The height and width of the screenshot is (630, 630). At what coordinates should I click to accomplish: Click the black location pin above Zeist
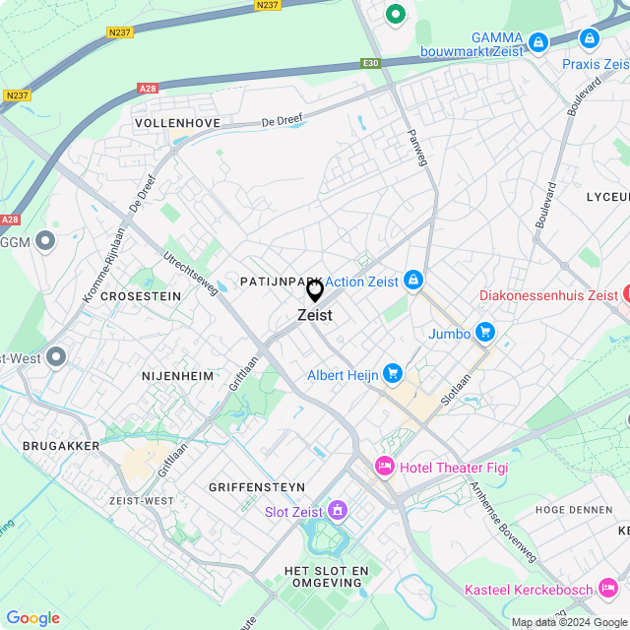tap(315, 290)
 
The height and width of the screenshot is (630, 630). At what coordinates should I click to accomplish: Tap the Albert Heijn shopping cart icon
tap(393, 372)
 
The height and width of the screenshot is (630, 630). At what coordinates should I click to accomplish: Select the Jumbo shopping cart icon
tap(483, 333)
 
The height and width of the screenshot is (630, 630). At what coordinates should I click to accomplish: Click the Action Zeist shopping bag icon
tap(413, 282)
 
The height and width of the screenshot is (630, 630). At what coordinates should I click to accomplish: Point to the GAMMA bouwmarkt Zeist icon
tap(537, 41)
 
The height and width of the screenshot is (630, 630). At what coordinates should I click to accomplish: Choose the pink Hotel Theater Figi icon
tap(384, 466)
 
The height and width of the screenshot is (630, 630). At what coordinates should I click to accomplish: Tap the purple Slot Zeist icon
tap(338, 511)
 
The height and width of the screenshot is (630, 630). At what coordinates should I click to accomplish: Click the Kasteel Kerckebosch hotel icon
tap(608, 590)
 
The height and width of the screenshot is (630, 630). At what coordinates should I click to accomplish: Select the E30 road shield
tap(370, 63)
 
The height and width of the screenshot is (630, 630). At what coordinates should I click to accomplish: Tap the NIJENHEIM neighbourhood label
tap(177, 375)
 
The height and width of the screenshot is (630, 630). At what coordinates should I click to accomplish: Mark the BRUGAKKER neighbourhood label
tap(61, 446)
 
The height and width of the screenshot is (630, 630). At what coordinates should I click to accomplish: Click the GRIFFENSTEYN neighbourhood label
tap(257, 487)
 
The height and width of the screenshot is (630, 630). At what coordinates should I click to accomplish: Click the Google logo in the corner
tap(32, 617)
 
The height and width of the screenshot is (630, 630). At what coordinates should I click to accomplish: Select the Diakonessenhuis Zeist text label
tap(548, 295)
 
